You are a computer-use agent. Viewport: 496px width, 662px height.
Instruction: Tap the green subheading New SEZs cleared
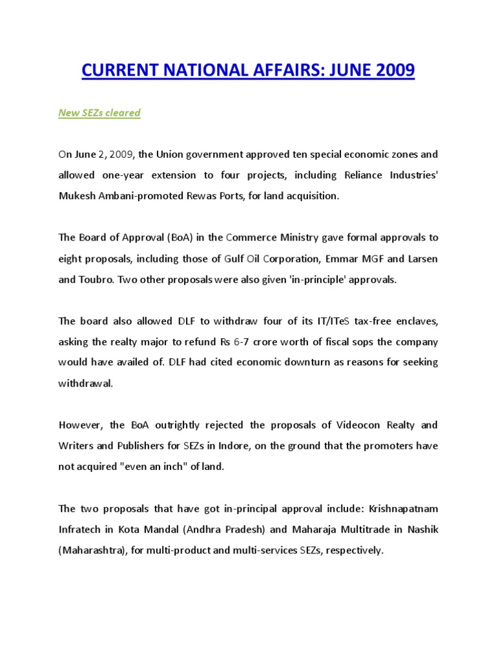[x=99, y=113]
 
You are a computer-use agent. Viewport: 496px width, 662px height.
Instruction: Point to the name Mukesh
[x=76, y=195]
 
